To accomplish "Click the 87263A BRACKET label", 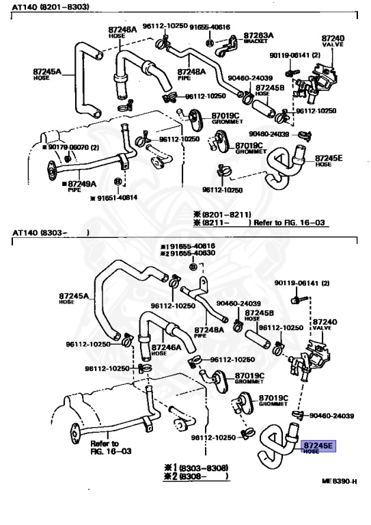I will [258, 37].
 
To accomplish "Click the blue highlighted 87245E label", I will [318, 446].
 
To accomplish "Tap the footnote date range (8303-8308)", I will [197, 467].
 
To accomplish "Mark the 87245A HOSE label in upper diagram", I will [48, 72].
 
